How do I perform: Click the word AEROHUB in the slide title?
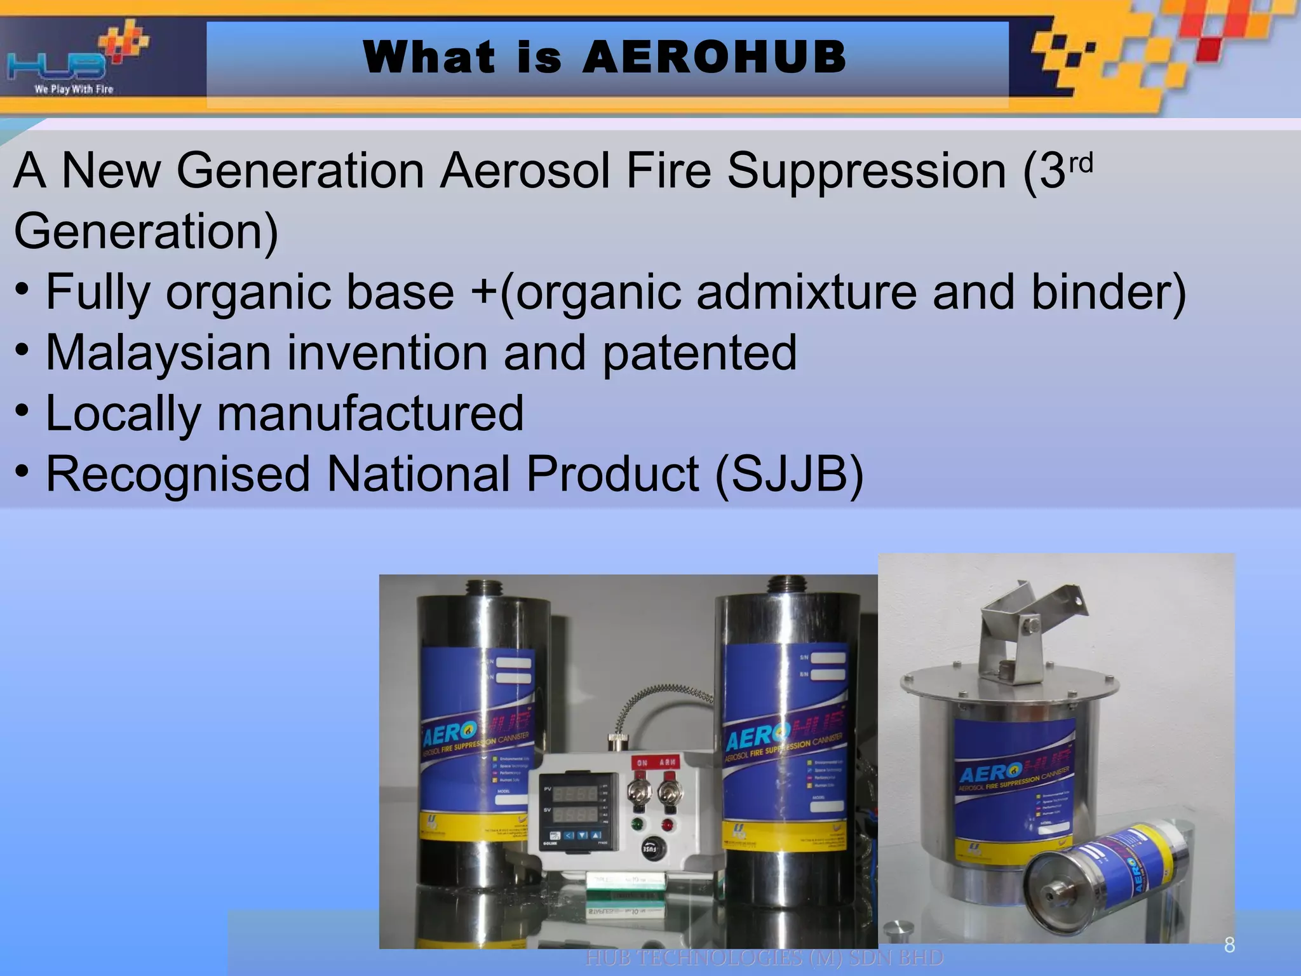[x=714, y=57]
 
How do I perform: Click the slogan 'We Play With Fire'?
[x=74, y=90]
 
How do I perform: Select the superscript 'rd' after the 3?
[x=1081, y=164]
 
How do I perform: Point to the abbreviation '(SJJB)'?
[x=790, y=474]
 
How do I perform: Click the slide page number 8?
[x=1229, y=945]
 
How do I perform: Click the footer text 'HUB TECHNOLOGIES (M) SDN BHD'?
[x=764, y=958]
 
